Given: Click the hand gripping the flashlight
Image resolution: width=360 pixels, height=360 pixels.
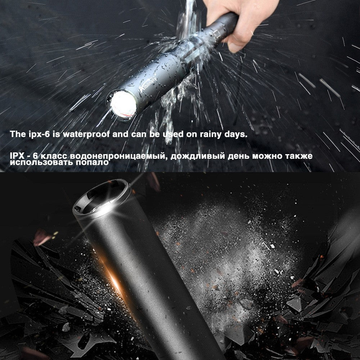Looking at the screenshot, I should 230,22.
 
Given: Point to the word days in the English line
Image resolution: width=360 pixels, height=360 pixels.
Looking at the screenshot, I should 237,135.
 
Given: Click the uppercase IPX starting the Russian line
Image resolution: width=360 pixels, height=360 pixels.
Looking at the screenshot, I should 18,156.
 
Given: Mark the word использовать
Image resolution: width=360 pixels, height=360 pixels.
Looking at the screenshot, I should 42,162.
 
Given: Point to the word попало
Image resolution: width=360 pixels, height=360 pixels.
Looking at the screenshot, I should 92,162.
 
